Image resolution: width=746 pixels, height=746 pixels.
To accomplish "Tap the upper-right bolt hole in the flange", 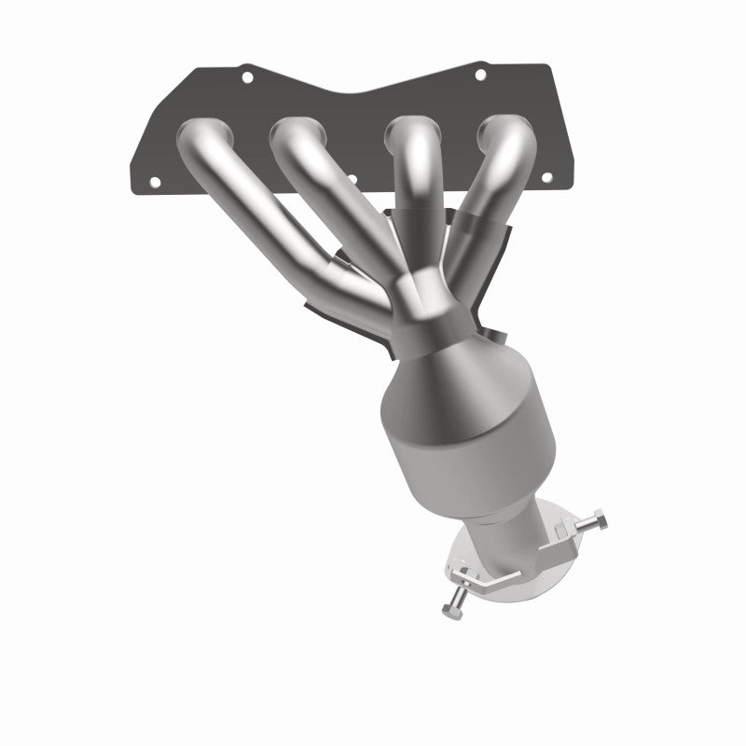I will click(x=480, y=74).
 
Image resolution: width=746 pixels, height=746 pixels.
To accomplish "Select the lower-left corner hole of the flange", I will click(x=155, y=180).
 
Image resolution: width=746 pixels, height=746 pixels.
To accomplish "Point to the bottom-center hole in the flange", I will click(x=376, y=180).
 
